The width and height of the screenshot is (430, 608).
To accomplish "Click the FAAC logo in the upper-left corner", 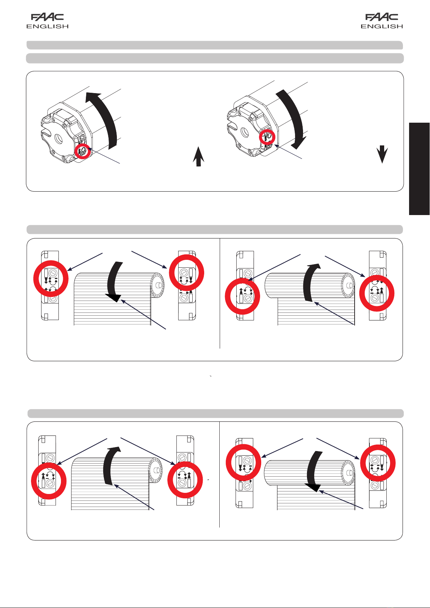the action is click(x=48, y=17).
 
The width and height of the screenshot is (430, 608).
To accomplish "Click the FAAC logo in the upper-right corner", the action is click(x=382, y=17).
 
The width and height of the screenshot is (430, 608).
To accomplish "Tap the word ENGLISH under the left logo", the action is click(x=48, y=26).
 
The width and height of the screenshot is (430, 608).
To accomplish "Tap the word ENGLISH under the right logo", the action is click(x=382, y=26).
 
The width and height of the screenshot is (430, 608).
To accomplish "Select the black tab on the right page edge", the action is click(x=420, y=169).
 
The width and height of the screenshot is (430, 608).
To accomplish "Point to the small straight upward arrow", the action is click(x=199, y=157).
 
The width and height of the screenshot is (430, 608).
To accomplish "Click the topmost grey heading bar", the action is click(x=215, y=45).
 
